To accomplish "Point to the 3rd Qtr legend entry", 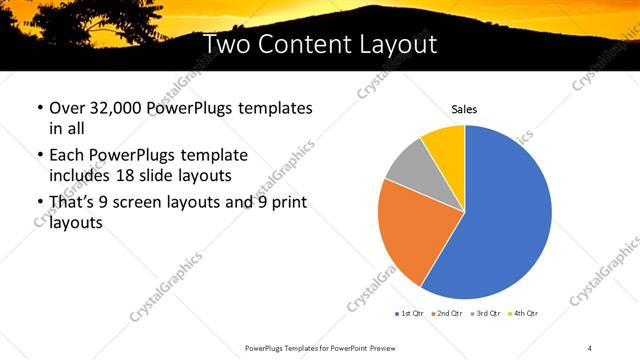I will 486,313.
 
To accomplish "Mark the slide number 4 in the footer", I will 590,347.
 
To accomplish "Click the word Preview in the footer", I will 384,347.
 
